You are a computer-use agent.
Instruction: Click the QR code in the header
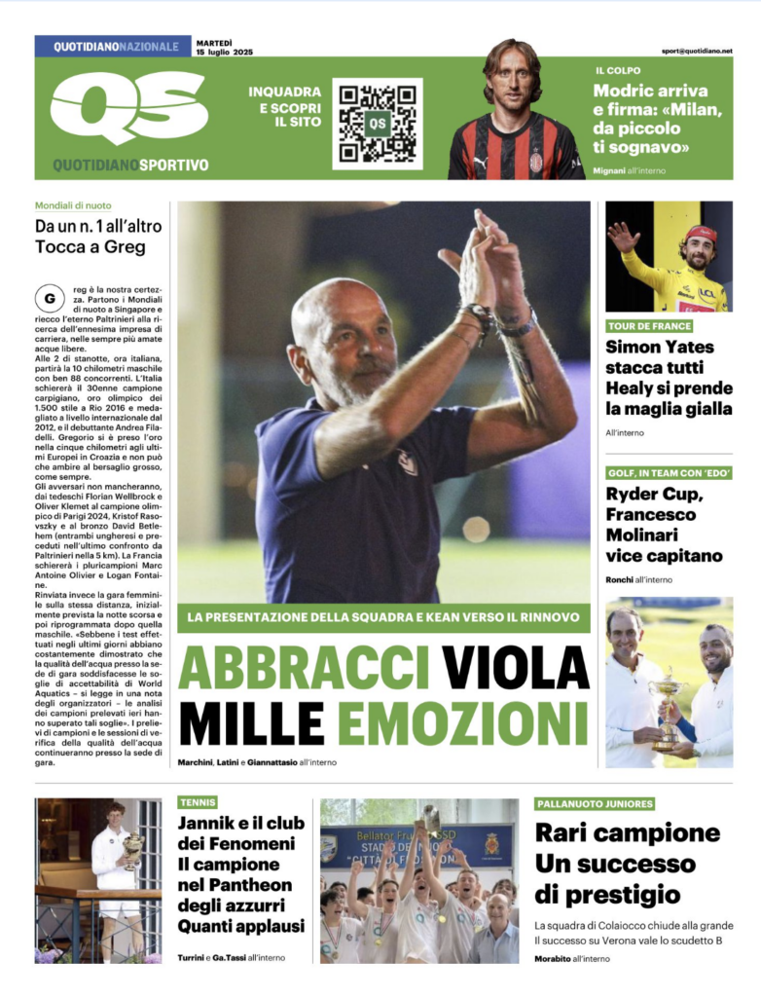(x=377, y=123)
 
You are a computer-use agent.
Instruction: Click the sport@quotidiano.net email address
(x=697, y=51)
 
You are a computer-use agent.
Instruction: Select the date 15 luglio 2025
(x=224, y=51)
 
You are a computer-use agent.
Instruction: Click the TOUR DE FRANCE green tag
(x=650, y=326)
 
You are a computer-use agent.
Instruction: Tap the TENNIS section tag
(x=198, y=802)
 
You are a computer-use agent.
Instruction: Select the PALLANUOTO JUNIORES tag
(x=595, y=803)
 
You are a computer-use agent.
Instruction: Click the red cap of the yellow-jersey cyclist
(x=699, y=234)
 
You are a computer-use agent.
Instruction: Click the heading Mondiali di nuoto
(x=73, y=206)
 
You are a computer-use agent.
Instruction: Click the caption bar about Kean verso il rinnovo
(x=383, y=617)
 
